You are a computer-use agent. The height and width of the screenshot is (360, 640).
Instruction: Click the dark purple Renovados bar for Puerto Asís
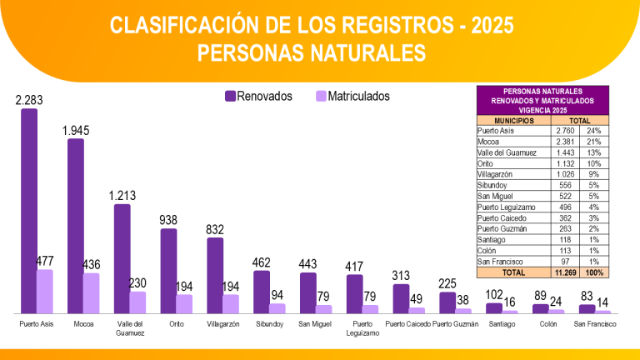coord(29,208)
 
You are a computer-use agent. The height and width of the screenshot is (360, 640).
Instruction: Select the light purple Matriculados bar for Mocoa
coord(91,292)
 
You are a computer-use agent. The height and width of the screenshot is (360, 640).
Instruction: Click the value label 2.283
coord(29,101)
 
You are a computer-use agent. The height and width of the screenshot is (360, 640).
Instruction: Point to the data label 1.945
coord(76,131)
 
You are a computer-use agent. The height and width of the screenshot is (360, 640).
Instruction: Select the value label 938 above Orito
coord(168,220)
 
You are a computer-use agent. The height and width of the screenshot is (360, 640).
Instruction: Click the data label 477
coord(45,261)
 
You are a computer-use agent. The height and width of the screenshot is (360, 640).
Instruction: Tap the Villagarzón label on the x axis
coord(223,323)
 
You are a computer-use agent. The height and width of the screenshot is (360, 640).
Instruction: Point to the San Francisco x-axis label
coord(596,323)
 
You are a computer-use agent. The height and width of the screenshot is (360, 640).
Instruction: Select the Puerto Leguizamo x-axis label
coord(362,327)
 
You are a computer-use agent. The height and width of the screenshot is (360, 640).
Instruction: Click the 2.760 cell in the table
coord(565,131)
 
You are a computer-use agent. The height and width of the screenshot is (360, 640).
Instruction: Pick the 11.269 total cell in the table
coord(567,272)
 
